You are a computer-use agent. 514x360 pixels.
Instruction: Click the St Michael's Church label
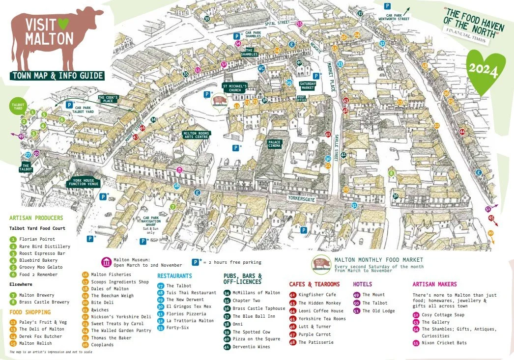pyautogui.click(x=235, y=87)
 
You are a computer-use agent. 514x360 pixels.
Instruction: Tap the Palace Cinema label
pyautogui.click(x=274, y=144)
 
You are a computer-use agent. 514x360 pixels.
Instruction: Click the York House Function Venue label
pyautogui.click(x=84, y=182)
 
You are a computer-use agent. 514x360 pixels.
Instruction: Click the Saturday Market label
pyautogui.click(x=308, y=85)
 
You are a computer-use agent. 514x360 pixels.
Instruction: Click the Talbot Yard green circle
pyautogui.click(x=18, y=106)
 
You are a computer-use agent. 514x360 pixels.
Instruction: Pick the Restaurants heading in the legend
pyautogui.click(x=174, y=276)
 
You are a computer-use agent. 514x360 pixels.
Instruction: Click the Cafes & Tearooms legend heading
pyautogui.click(x=314, y=284)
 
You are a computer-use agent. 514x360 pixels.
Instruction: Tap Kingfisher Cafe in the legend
pyautogui.click(x=317, y=295)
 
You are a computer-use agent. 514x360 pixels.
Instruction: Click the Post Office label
pyautogui.click(x=301, y=99)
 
